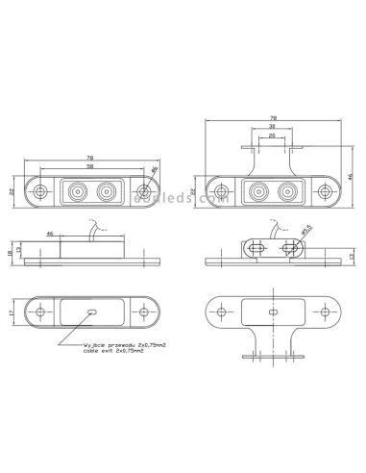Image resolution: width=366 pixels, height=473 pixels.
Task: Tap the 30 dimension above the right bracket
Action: [x=272, y=126]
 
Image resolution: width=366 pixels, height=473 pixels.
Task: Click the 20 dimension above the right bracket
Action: [x=272, y=136]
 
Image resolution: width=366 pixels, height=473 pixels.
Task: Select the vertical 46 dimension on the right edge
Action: [x=352, y=176]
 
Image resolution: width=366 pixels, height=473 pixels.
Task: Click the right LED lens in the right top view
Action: [x=285, y=192]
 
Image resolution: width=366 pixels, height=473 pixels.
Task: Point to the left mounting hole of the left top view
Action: [x=40, y=192]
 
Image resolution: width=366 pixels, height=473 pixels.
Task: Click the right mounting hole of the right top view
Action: [x=324, y=192]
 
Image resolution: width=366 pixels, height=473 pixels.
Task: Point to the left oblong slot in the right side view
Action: [x=256, y=247]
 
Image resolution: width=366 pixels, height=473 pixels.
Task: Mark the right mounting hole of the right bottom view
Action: [x=322, y=313]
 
